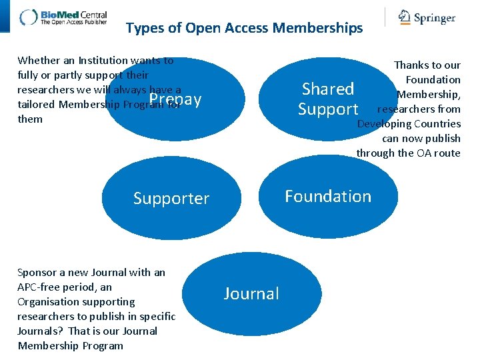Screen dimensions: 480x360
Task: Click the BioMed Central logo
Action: [x=63, y=17]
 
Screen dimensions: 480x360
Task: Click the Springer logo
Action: [x=427, y=17]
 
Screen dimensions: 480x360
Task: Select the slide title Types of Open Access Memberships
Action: [x=244, y=28]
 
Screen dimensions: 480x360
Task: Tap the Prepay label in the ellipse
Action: [x=175, y=100]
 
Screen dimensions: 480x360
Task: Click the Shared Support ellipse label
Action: [x=328, y=99]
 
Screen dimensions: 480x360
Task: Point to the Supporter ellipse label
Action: [x=171, y=198]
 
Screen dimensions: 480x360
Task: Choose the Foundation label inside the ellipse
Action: [x=328, y=196]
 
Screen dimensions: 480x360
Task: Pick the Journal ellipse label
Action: [x=251, y=293]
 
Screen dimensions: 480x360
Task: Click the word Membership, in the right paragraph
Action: [x=429, y=95]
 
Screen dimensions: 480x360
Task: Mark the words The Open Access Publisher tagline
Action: [x=74, y=22]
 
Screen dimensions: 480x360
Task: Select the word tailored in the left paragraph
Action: [x=37, y=105]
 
